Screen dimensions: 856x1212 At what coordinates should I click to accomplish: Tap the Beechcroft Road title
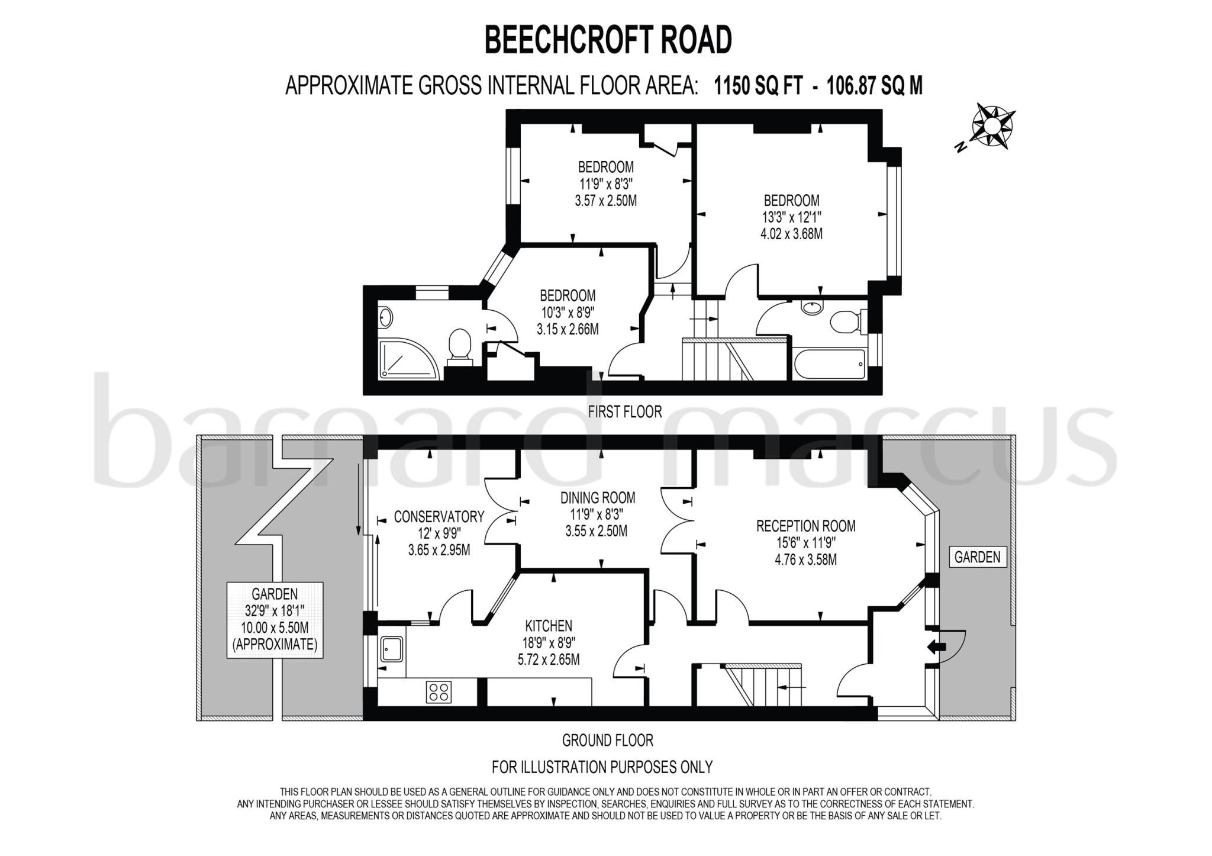click(x=608, y=40)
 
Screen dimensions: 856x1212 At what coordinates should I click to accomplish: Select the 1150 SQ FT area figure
click(x=758, y=86)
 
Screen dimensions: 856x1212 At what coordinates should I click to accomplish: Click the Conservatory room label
click(x=439, y=517)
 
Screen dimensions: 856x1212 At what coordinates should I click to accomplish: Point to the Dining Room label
click(x=598, y=498)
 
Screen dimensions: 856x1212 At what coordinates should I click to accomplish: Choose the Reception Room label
click(x=805, y=526)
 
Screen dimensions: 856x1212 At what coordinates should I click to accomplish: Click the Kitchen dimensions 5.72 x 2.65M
click(x=549, y=659)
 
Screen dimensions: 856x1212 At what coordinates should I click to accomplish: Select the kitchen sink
click(x=392, y=649)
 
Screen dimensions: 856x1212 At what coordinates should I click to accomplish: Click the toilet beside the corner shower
click(x=459, y=345)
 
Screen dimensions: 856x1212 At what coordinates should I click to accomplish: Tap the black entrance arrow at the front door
click(x=936, y=647)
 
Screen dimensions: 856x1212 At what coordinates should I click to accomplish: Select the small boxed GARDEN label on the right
click(x=977, y=557)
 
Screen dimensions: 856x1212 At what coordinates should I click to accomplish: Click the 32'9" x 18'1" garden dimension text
click(x=275, y=611)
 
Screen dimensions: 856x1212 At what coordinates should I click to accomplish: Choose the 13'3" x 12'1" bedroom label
click(x=791, y=217)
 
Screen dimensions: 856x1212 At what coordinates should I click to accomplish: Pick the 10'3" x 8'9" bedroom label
click(x=567, y=312)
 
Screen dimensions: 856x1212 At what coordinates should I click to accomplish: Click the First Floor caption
click(x=624, y=411)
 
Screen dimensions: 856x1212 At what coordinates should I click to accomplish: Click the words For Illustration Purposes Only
click(x=602, y=767)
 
